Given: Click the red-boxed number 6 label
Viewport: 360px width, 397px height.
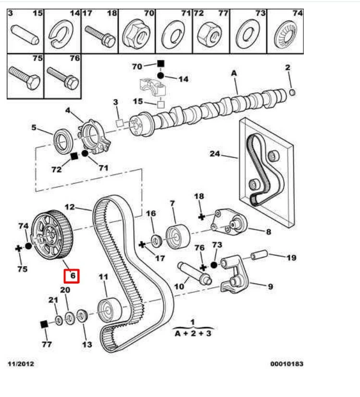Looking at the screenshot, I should [72, 276].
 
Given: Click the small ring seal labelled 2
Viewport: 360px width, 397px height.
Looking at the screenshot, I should [292, 92].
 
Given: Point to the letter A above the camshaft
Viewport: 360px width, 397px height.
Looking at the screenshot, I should [235, 74].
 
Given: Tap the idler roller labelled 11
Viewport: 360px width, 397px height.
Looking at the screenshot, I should [106, 310].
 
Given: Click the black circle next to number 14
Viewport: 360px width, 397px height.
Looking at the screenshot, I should [161, 75].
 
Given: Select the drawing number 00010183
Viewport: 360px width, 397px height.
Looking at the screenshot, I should [286, 364].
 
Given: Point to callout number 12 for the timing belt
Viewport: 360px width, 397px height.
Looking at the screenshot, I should [70, 208].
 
